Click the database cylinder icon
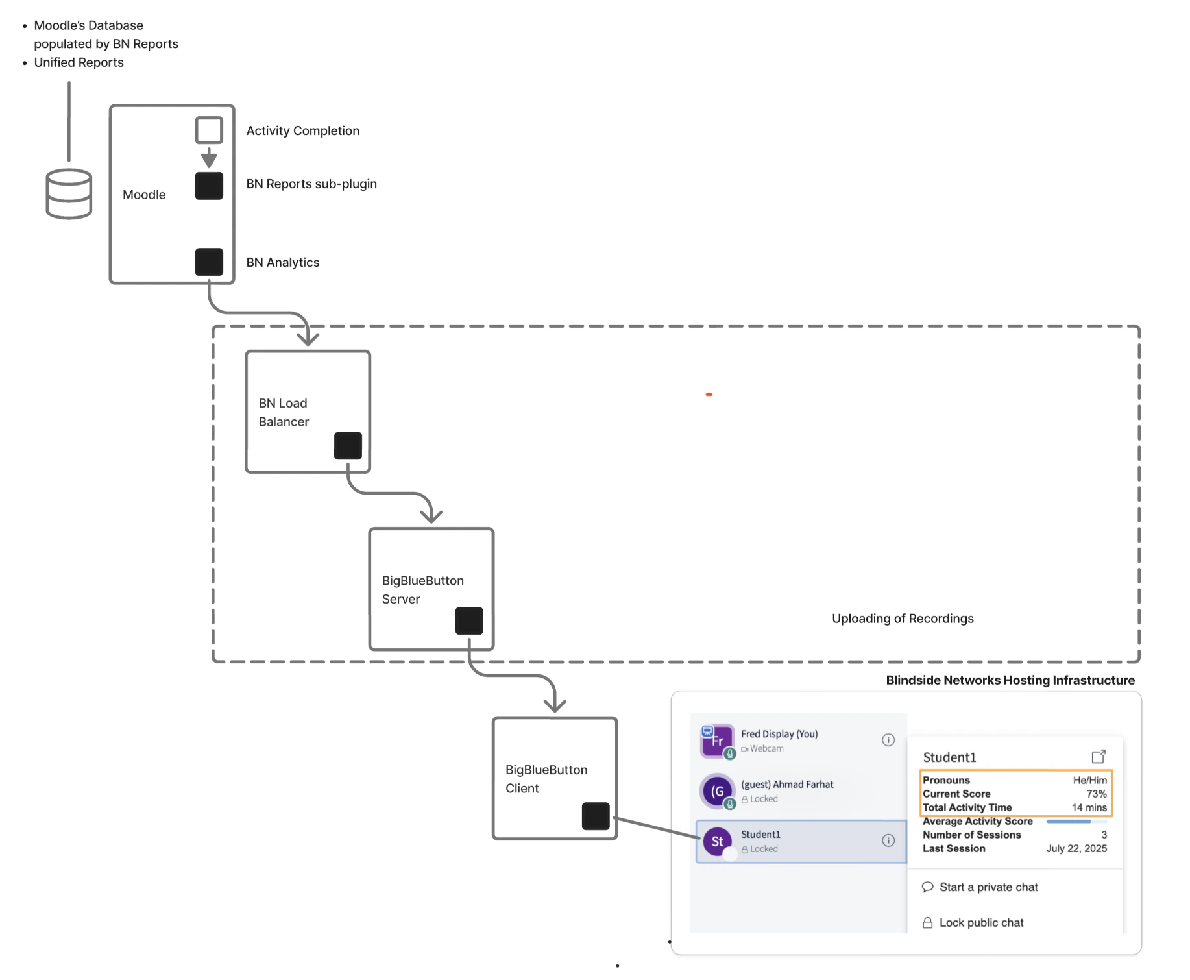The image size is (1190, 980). pyautogui.click(x=69, y=193)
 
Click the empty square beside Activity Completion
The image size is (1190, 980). pyautogui.click(x=209, y=130)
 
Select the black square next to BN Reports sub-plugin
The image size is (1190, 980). pyautogui.click(x=209, y=186)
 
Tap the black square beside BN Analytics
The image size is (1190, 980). pyautogui.click(x=209, y=262)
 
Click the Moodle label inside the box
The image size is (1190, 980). pyautogui.click(x=144, y=195)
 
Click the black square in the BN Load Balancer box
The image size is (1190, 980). pyautogui.click(x=348, y=446)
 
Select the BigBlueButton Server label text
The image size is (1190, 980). pyautogui.click(x=422, y=589)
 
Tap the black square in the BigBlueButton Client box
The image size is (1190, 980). pyautogui.click(x=595, y=816)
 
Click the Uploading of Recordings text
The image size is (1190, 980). pyautogui.click(x=903, y=619)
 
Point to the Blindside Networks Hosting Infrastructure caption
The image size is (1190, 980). pyautogui.click(x=1010, y=680)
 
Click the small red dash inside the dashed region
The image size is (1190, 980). pyautogui.click(x=709, y=394)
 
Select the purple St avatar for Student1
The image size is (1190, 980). pyautogui.click(x=717, y=842)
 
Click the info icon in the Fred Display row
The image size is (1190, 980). pyautogui.click(x=888, y=740)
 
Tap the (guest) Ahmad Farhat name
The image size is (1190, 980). pyautogui.click(x=787, y=784)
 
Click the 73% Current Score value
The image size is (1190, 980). pyautogui.click(x=1096, y=794)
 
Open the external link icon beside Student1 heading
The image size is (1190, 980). pyautogui.click(x=1098, y=757)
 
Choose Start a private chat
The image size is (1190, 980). pyautogui.click(x=988, y=887)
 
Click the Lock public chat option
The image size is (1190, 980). pyautogui.click(x=980, y=922)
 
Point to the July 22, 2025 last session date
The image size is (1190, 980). pyautogui.click(x=1076, y=848)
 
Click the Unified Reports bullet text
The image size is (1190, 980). pyautogui.click(x=79, y=62)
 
